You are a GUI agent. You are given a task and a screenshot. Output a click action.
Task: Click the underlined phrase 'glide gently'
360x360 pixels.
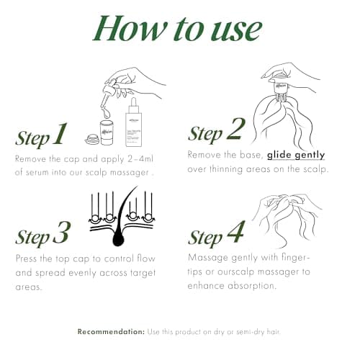296,155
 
